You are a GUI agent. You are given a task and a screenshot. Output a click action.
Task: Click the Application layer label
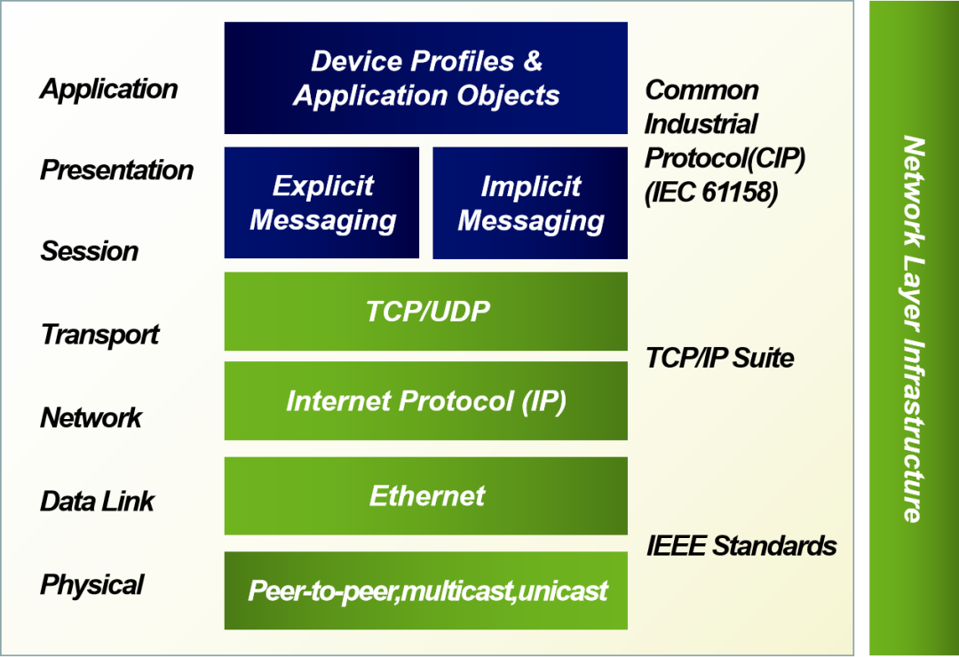click(109, 90)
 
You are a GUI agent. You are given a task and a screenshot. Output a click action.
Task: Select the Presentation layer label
click(117, 170)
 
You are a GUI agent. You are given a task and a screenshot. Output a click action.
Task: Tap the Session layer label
click(90, 251)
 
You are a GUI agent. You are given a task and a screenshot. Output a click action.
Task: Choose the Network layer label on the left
click(91, 418)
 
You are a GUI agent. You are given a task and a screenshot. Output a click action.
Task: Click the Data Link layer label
click(98, 502)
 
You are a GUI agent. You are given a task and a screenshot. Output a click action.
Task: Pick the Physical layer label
click(91, 585)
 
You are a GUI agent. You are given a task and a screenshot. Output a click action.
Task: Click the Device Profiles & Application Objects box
click(425, 78)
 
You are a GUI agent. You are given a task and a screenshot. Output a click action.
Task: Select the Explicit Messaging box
click(321, 202)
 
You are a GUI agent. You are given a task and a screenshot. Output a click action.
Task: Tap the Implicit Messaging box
click(530, 202)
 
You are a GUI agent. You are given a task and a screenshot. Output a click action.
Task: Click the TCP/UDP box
click(425, 312)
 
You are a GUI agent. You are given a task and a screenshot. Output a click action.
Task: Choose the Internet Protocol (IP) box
click(425, 400)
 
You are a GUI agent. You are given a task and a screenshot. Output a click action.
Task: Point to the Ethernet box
click(425, 496)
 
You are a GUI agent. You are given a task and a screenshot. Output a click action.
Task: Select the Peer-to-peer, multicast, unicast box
click(425, 590)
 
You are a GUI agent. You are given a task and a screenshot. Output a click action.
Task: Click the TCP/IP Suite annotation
click(720, 358)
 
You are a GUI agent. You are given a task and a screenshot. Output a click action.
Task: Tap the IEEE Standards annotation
click(741, 546)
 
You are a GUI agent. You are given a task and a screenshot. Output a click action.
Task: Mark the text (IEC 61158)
click(711, 192)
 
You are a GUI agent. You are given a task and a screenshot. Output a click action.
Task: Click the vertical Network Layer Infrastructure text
click(913, 329)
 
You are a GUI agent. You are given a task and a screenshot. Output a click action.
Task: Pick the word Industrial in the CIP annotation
click(701, 124)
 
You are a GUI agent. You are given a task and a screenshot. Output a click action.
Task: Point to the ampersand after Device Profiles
click(533, 60)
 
